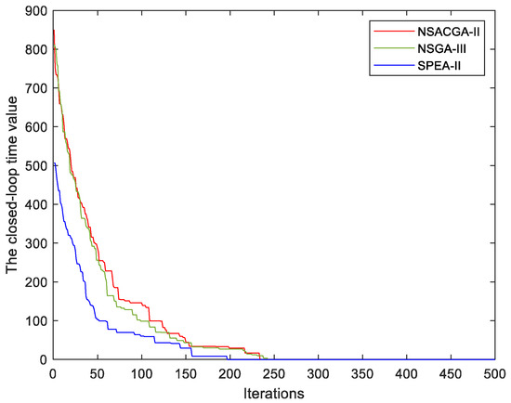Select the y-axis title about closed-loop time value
tap(14, 185)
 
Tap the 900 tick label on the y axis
tap(35, 11)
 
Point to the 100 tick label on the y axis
tap(35, 321)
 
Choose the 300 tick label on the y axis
tap(35, 243)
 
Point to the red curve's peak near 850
tap(54, 31)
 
